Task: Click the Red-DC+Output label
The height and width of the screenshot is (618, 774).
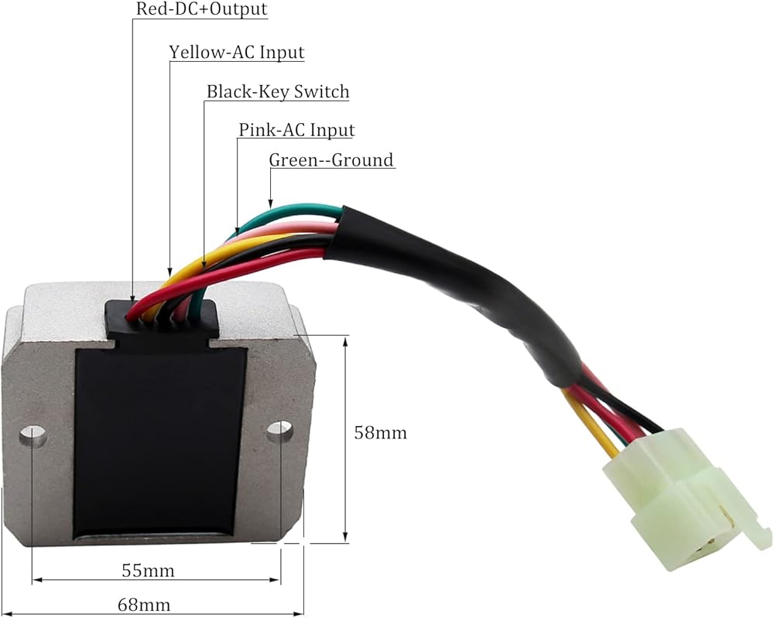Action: (200, 10)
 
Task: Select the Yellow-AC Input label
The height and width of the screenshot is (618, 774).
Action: (237, 53)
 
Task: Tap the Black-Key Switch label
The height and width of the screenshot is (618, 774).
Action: (277, 92)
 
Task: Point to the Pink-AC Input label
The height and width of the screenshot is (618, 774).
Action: (296, 130)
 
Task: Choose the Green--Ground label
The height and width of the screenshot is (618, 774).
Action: (331, 160)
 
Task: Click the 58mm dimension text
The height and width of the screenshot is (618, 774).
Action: (380, 432)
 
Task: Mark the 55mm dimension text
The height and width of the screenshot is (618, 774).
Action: (148, 571)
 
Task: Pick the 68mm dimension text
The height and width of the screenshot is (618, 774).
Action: (145, 604)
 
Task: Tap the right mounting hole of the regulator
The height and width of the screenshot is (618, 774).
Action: (279, 431)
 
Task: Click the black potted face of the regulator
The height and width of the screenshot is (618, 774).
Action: (159, 441)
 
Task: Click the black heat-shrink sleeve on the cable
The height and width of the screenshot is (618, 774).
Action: (464, 286)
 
